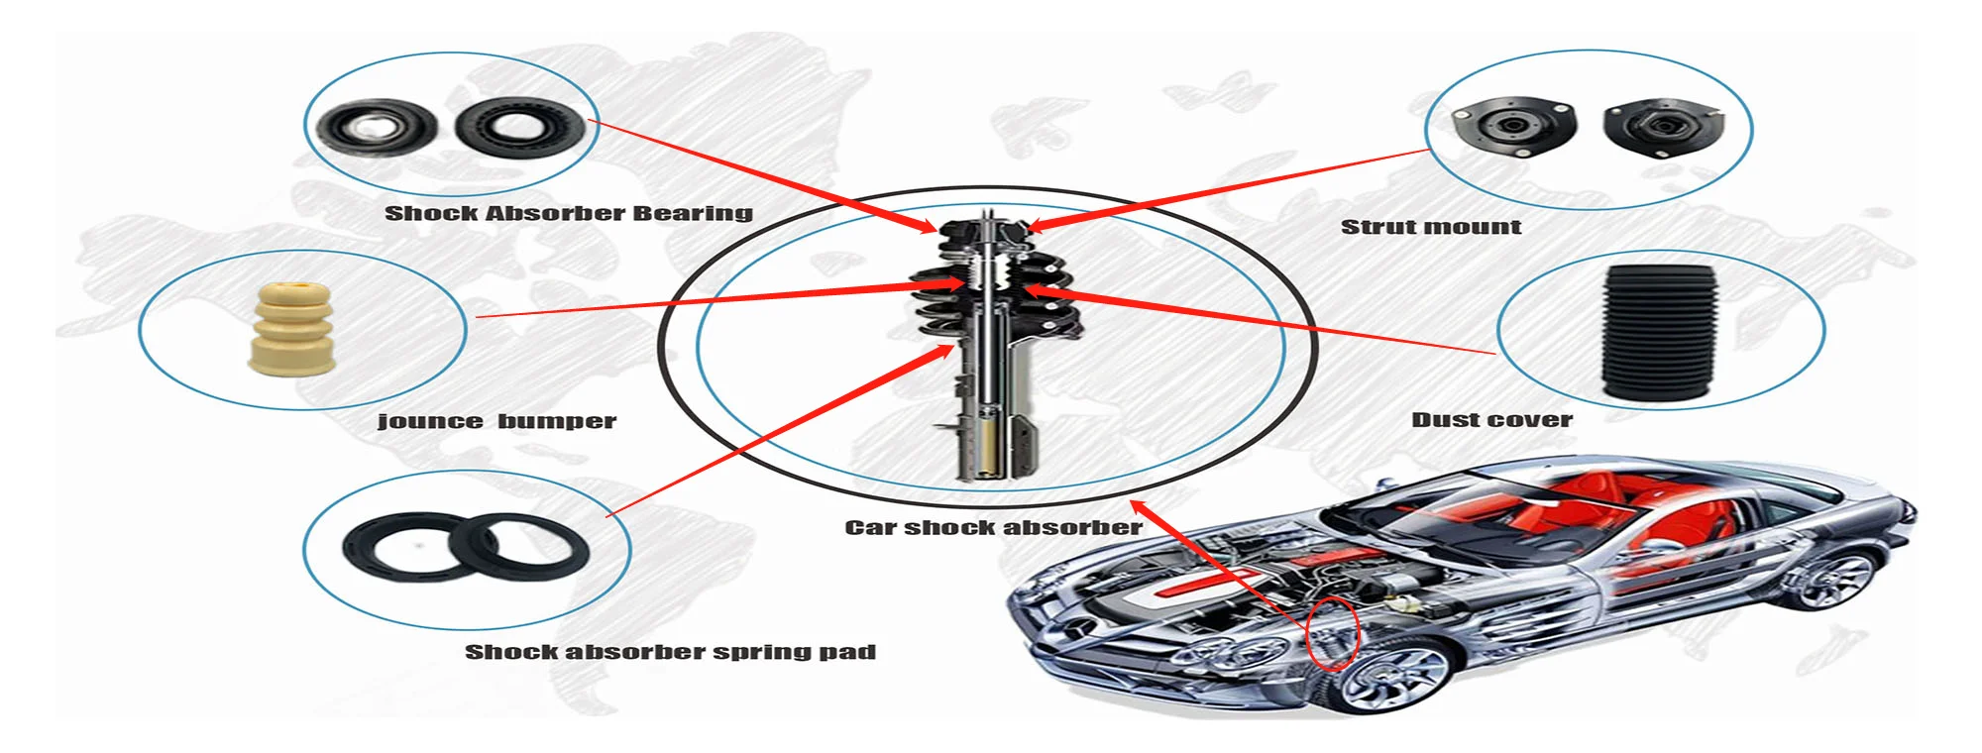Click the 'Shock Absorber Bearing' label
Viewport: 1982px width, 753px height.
(x=568, y=213)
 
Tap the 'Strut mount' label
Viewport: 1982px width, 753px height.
(x=1430, y=227)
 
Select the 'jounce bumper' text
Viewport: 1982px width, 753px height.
(x=496, y=421)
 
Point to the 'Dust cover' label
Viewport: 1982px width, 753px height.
(x=1491, y=420)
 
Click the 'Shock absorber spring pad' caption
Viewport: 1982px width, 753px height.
(x=670, y=652)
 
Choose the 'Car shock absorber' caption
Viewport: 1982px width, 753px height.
(x=993, y=527)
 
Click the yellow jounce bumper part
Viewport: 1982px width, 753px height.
(x=290, y=330)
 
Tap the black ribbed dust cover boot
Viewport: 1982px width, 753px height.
(x=1660, y=333)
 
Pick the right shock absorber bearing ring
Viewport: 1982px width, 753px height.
(x=519, y=126)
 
